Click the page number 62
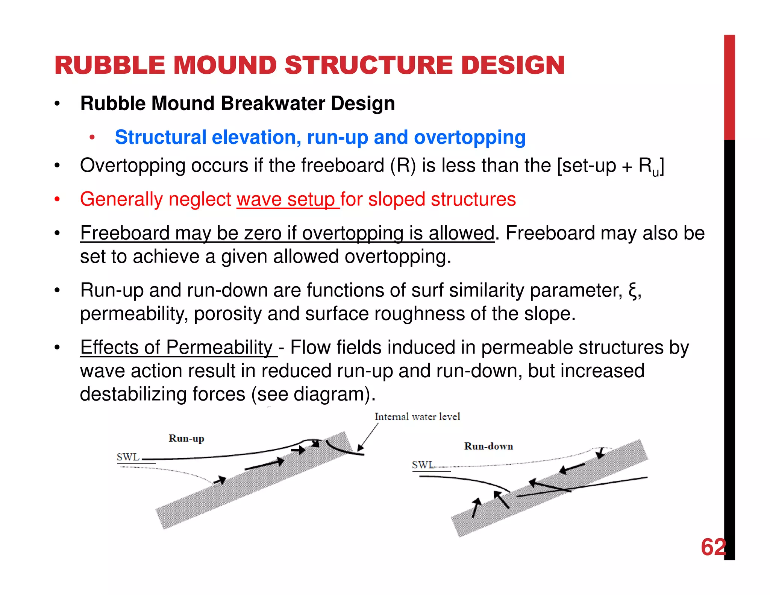pyautogui.click(x=713, y=547)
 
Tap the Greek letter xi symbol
pyautogui.click(x=633, y=291)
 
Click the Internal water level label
pyautogui.click(x=417, y=417)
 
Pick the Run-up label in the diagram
pyautogui.click(x=186, y=439)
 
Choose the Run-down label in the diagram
pyautogui.click(x=488, y=446)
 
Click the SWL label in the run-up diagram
pyautogui.click(x=128, y=457)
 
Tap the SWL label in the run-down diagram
pyautogui.click(x=423, y=465)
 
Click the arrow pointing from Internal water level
pyautogui.click(x=368, y=437)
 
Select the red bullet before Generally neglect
pyautogui.click(x=57, y=199)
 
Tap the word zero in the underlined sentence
pyautogui.click(x=262, y=233)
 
